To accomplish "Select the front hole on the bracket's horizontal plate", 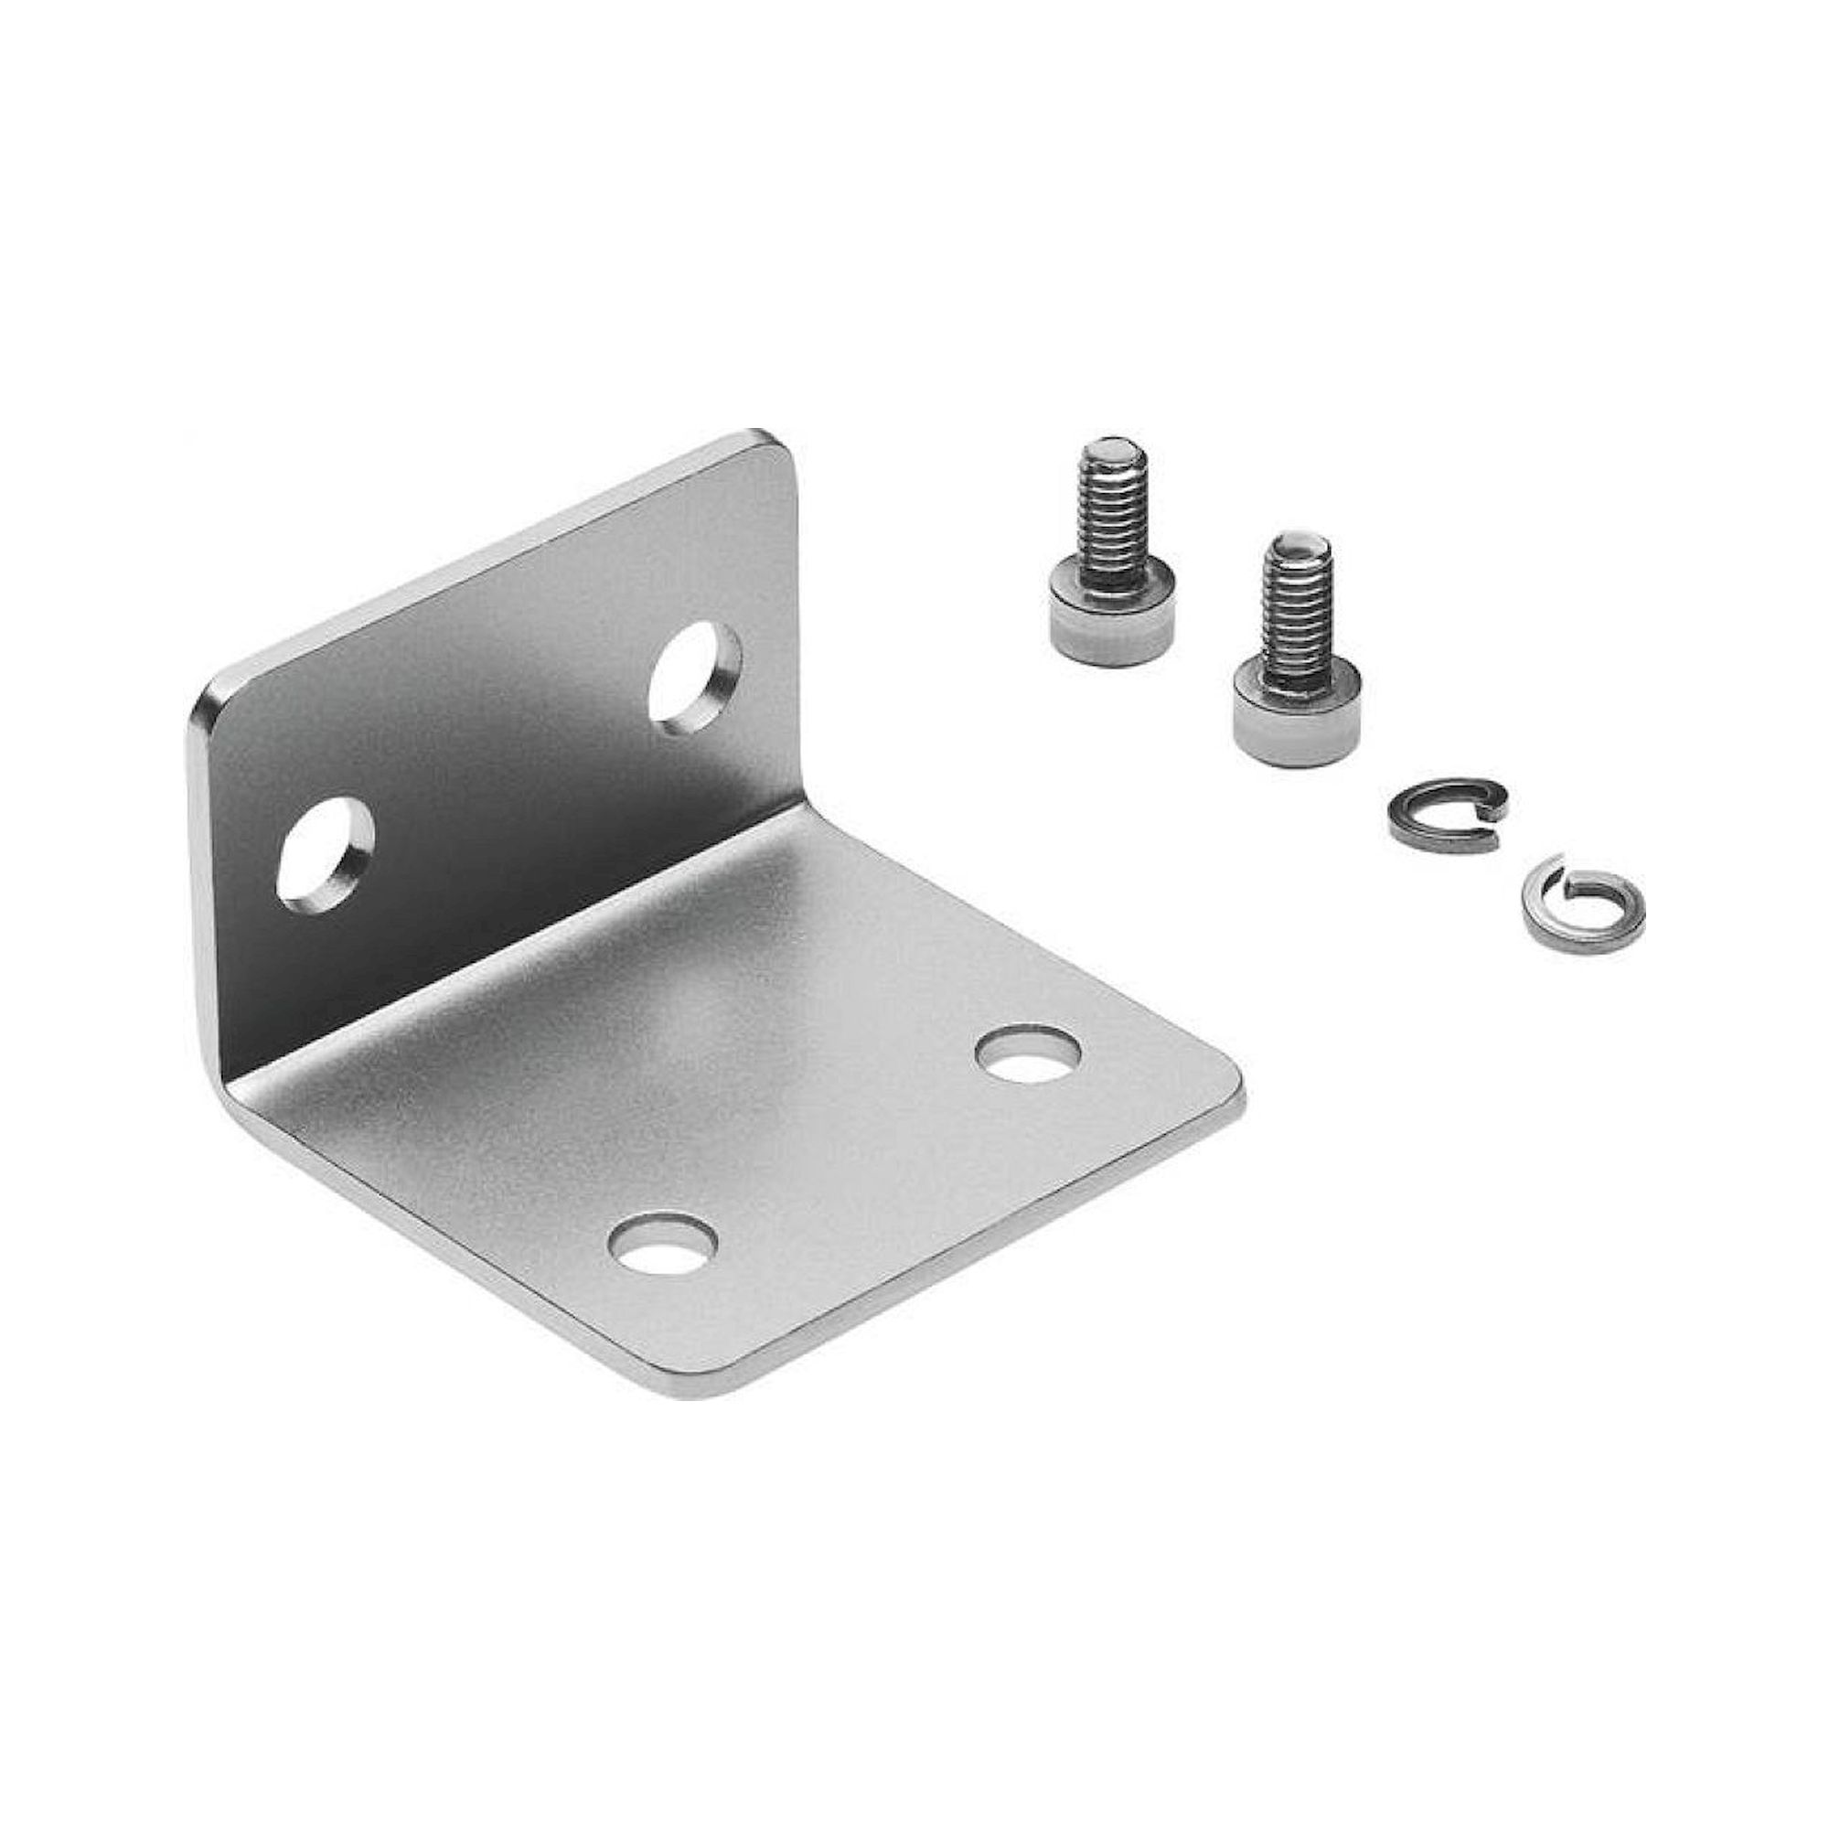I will tap(662, 1242).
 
